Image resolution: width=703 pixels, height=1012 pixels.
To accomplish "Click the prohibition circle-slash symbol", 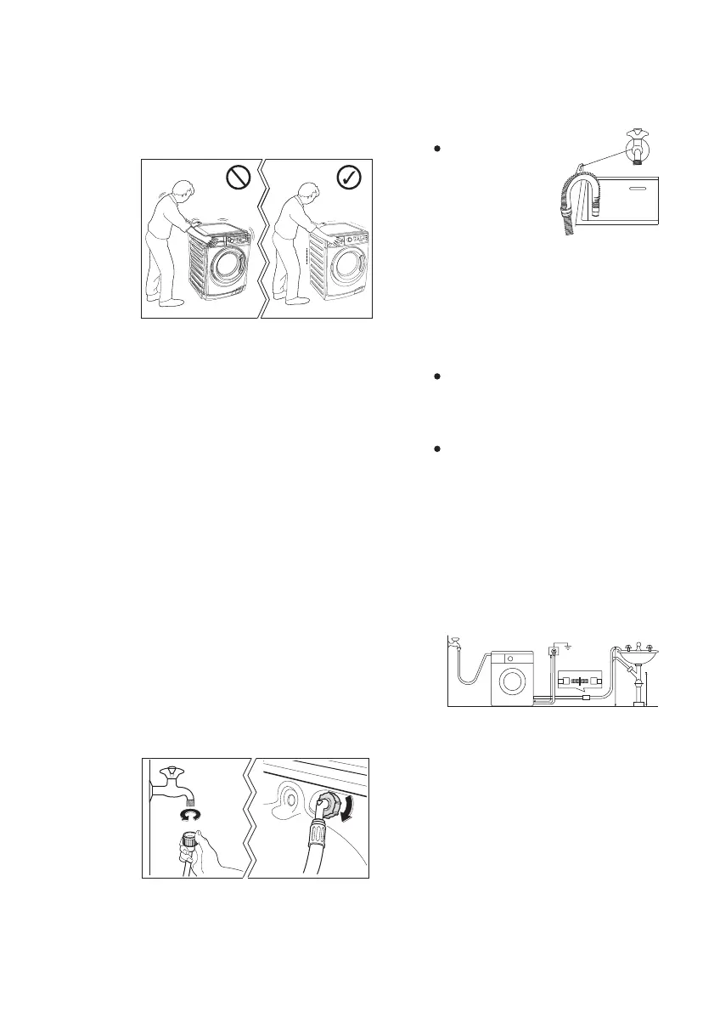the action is [238, 178].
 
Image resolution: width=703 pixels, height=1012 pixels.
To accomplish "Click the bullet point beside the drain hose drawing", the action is [436, 148].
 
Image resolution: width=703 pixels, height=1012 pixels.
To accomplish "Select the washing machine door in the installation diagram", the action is [512, 681].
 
